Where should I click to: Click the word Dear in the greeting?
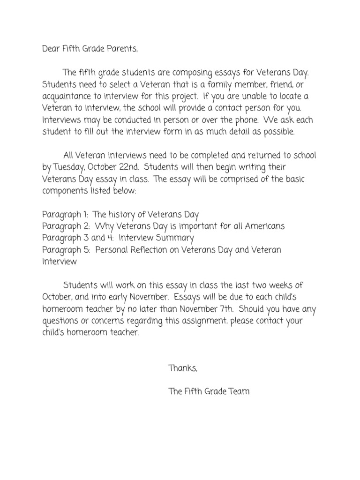click(51, 49)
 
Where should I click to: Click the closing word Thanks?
click(183, 368)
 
